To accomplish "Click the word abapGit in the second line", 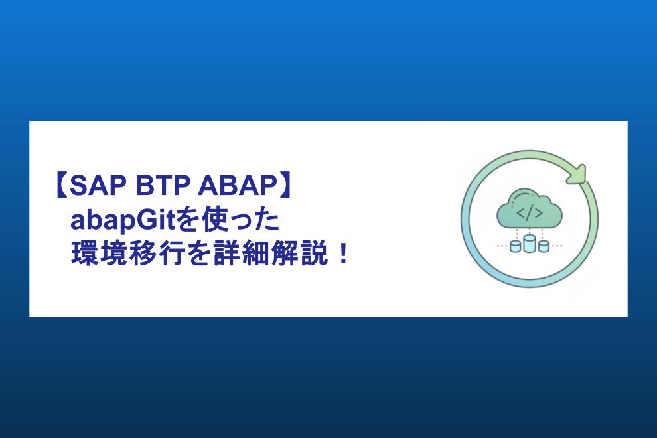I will (125, 220).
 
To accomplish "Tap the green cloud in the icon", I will (530, 209).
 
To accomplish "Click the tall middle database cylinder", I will (530, 243).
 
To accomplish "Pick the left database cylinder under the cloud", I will (516, 246).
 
